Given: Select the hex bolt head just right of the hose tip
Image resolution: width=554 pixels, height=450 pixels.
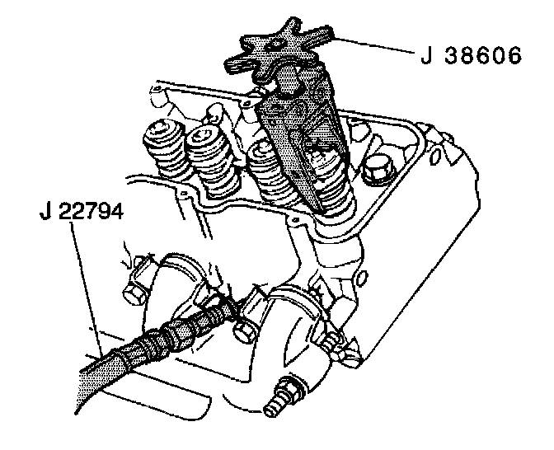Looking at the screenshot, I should point(246,330).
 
